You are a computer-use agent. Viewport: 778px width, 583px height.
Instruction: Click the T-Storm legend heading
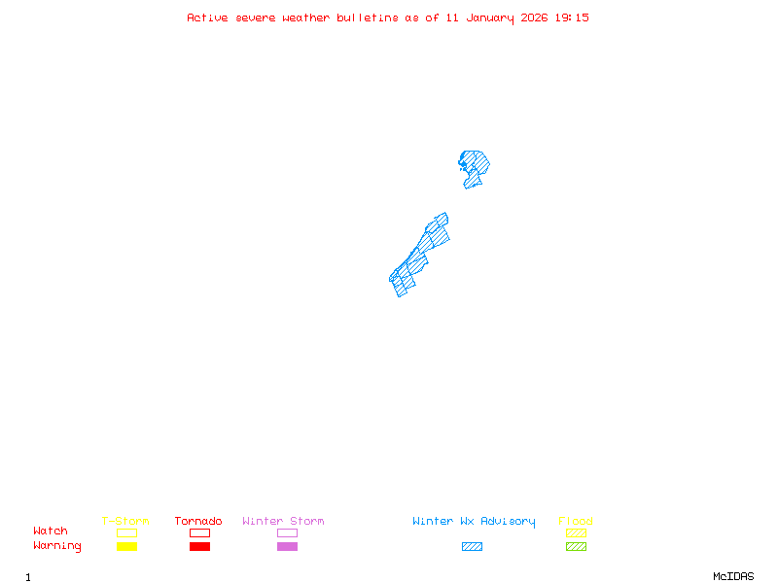point(125,522)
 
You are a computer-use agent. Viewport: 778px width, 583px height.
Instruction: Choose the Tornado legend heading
point(198,522)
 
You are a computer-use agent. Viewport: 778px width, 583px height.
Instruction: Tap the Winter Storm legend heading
point(283,522)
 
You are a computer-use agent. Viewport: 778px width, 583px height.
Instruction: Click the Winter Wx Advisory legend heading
point(474,522)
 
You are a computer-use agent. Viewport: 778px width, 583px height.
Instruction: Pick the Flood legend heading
point(576,522)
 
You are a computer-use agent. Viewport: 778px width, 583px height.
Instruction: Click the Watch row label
point(51,532)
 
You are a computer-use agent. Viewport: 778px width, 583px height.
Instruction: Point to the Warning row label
point(57,546)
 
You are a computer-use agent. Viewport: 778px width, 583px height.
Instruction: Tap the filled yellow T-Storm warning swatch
point(126,547)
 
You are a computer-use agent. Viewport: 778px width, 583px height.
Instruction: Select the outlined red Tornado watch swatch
point(199,532)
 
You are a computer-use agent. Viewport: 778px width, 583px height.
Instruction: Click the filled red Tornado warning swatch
point(199,547)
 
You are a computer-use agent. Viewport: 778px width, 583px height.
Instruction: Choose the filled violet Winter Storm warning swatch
point(287,547)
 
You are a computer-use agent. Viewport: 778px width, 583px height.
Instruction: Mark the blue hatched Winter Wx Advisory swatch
point(472,547)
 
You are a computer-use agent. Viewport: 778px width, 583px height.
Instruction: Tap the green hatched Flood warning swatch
point(576,547)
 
